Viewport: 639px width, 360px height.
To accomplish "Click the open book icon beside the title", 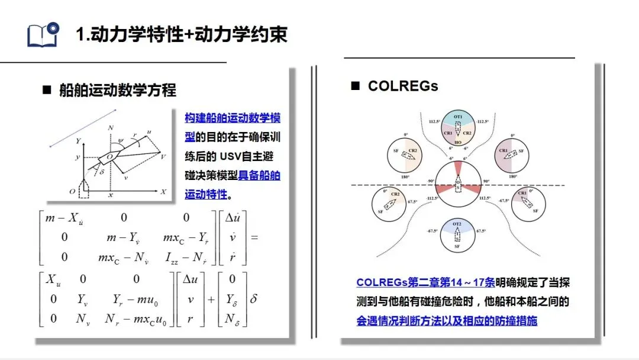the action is coord(43,34).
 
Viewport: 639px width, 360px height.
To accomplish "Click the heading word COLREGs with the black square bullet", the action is coord(403,86).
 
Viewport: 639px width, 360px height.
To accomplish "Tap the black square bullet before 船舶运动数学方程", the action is coord(47,91).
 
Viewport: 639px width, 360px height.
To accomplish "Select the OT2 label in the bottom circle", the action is coord(457,224).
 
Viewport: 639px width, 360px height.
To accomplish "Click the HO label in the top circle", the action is coord(458,142).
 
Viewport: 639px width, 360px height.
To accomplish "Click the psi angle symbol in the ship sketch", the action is coord(121,140).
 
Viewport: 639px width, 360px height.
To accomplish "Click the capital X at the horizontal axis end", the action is coord(163,192).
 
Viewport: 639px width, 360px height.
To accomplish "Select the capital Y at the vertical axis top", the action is coord(78,141).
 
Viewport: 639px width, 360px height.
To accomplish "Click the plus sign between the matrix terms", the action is coord(210,299).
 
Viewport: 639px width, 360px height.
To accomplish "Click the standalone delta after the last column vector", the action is coord(254,299).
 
